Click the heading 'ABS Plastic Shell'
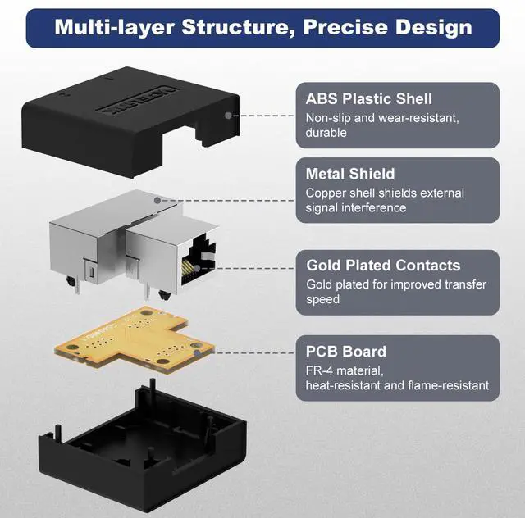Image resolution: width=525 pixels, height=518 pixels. pyautogui.click(x=368, y=99)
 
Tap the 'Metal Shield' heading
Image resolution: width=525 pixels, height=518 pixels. pyautogui.click(x=350, y=174)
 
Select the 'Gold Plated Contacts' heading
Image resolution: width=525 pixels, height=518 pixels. pyautogui.click(x=383, y=266)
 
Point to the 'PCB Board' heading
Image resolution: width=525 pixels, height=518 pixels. pyautogui.click(x=346, y=352)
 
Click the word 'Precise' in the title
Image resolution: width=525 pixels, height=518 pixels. pyautogui.click(x=343, y=27)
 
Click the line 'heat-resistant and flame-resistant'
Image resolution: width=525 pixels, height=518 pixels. pyautogui.click(x=397, y=385)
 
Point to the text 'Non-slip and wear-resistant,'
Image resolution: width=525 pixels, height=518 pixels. pyautogui.click(x=382, y=117)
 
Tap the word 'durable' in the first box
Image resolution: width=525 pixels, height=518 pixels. pyautogui.click(x=326, y=133)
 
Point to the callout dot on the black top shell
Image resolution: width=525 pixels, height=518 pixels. pyautogui.click(x=227, y=116)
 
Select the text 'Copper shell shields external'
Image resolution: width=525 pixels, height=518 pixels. pyautogui.click(x=385, y=193)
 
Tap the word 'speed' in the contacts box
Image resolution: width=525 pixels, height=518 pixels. pyautogui.click(x=322, y=300)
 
